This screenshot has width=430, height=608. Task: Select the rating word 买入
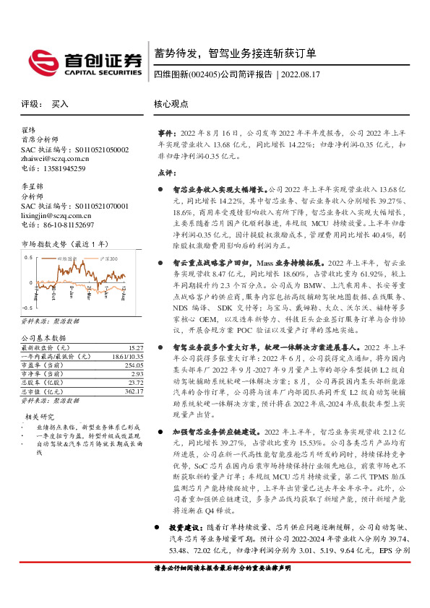click(60, 104)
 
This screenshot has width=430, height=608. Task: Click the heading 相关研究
click(40, 417)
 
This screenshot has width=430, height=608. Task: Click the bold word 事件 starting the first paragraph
click(166, 134)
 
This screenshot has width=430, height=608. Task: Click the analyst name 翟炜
click(29, 130)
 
